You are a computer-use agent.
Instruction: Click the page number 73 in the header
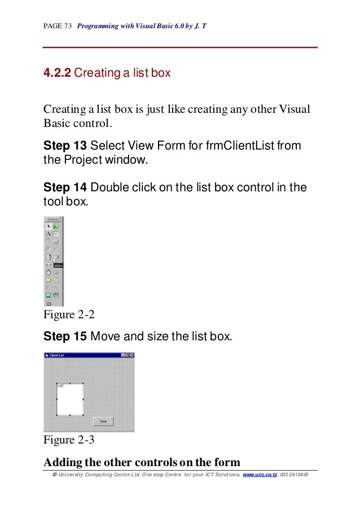coord(68,26)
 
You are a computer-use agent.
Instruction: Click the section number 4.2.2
coord(57,73)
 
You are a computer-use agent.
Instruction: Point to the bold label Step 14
coord(65,187)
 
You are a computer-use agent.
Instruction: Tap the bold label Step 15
coord(65,337)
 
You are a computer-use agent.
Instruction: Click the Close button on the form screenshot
coord(103,421)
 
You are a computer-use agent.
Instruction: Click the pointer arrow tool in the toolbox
coord(49,226)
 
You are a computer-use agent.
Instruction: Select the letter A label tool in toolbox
coord(49,234)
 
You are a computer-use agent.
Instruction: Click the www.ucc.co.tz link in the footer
coord(259,475)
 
